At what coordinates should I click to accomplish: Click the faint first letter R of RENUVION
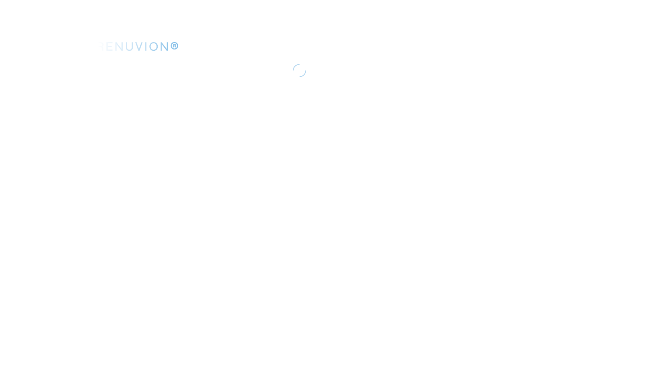tap(101, 46)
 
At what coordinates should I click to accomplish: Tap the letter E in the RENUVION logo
tap(109, 46)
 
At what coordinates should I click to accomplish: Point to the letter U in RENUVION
tap(130, 46)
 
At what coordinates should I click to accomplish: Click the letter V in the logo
tap(139, 46)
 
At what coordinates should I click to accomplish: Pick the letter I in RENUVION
tap(146, 46)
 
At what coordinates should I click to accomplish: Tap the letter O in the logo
tap(154, 46)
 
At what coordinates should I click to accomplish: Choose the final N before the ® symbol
tap(164, 46)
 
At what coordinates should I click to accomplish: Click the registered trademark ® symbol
tap(174, 46)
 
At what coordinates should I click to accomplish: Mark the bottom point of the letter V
tap(139, 51)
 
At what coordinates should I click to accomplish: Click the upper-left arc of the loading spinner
tap(295, 66)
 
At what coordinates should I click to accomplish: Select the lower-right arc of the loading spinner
tap(304, 75)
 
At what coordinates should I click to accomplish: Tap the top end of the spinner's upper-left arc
tap(299, 64)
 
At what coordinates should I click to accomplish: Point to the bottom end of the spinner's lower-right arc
tap(300, 77)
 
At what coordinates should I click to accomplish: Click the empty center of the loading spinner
tap(300, 71)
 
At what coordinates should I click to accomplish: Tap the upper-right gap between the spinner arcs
tap(304, 66)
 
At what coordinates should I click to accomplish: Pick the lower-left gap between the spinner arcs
tap(295, 75)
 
